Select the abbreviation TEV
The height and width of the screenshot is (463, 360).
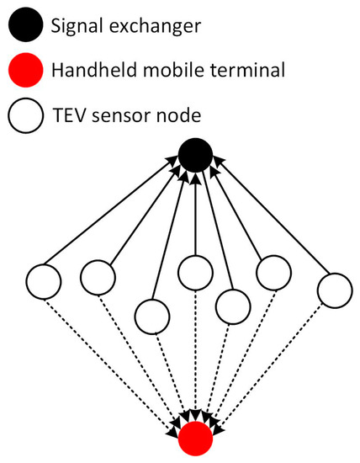pos(68,112)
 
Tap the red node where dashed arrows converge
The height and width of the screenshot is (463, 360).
pos(194,438)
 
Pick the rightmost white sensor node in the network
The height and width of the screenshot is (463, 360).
pos(334,291)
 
